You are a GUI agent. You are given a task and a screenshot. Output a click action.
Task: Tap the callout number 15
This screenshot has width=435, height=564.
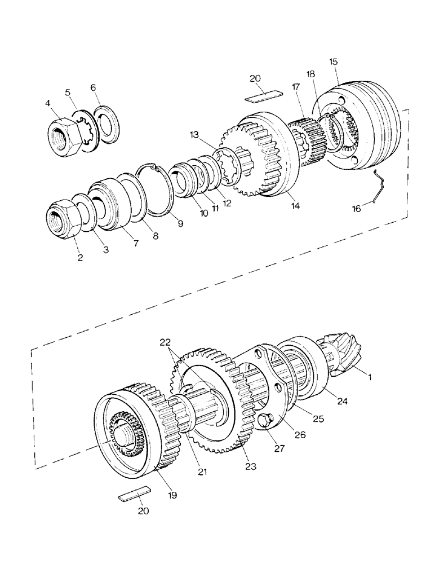click(x=334, y=61)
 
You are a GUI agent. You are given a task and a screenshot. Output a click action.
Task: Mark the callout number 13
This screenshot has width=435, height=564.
click(x=195, y=135)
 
